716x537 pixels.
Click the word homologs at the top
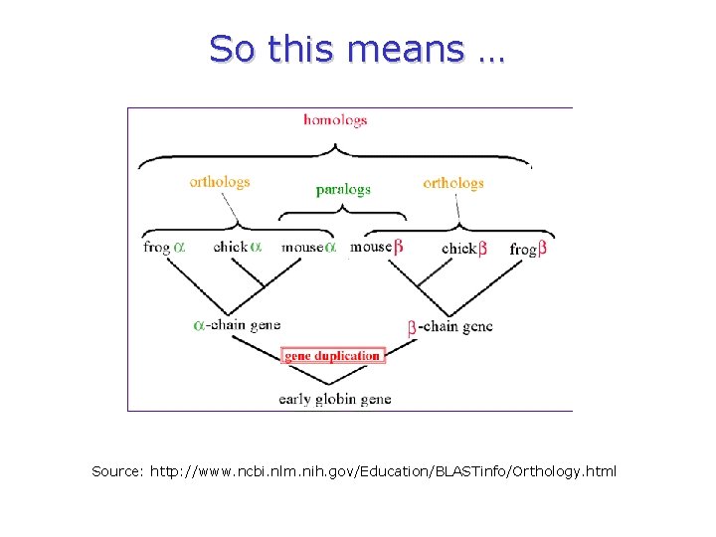(x=335, y=120)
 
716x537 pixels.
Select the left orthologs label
(x=220, y=182)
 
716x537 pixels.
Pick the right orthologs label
(x=452, y=183)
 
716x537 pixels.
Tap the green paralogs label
(x=343, y=189)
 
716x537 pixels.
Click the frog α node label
(x=164, y=247)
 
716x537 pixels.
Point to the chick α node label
(x=237, y=247)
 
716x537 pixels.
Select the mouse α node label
(x=309, y=247)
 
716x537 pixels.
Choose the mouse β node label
(x=377, y=247)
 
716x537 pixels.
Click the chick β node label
(x=464, y=249)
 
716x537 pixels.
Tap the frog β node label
(x=528, y=249)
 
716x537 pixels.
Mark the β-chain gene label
(x=449, y=326)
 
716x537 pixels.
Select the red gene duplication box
(x=333, y=356)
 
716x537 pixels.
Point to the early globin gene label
(x=334, y=399)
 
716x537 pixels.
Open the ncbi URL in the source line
(x=383, y=469)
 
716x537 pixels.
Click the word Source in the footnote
(x=117, y=469)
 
